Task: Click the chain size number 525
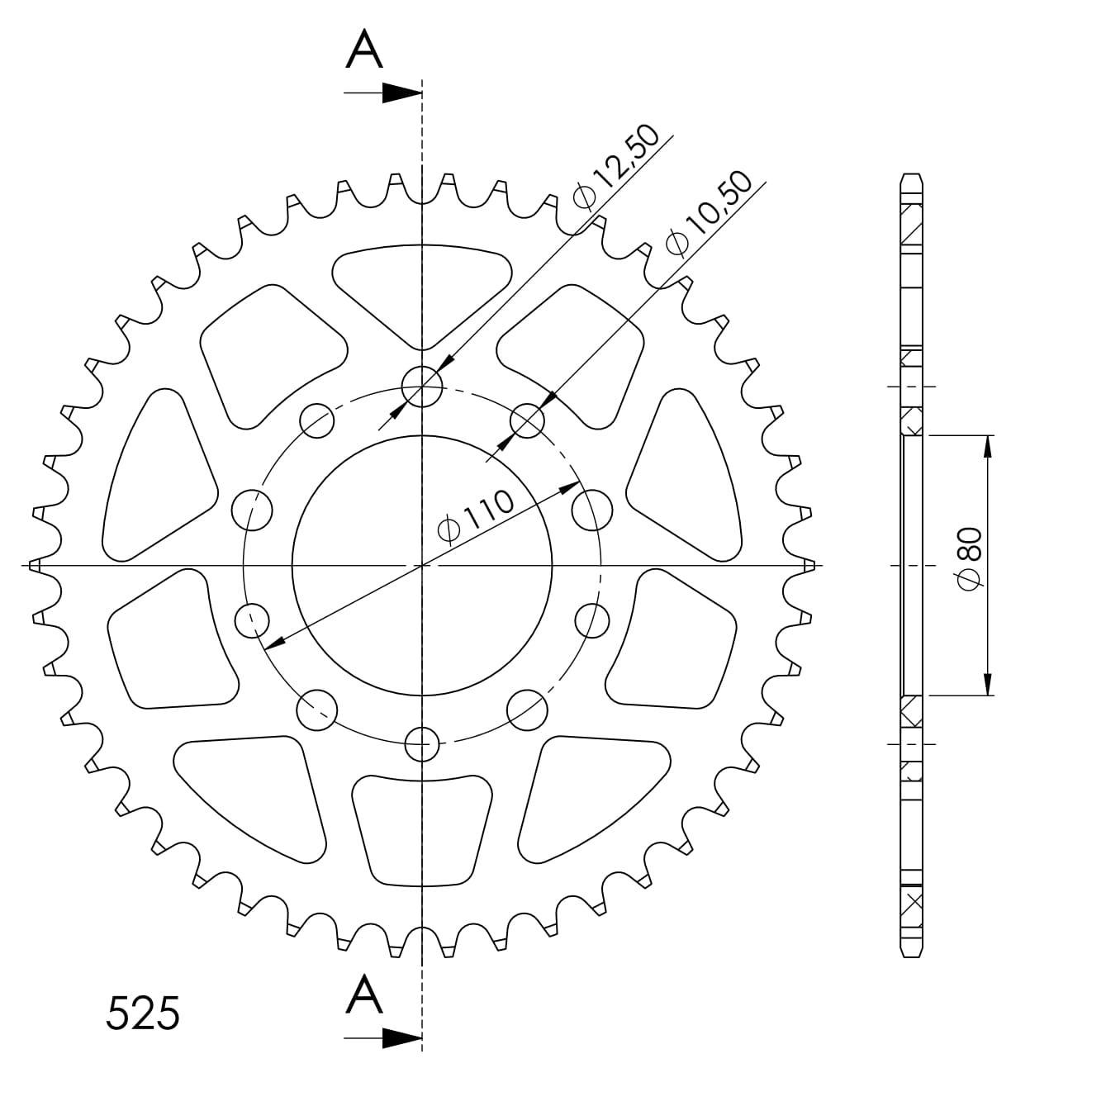tap(143, 1013)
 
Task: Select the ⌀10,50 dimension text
tap(708, 212)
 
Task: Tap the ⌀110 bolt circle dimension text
tap(475, 516)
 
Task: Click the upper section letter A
tap(364, 49)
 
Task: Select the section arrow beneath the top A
tap(382, 93)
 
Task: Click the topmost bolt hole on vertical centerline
tap(422, 387)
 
